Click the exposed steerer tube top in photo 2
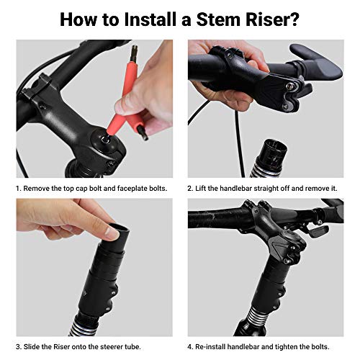point(275,148)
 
